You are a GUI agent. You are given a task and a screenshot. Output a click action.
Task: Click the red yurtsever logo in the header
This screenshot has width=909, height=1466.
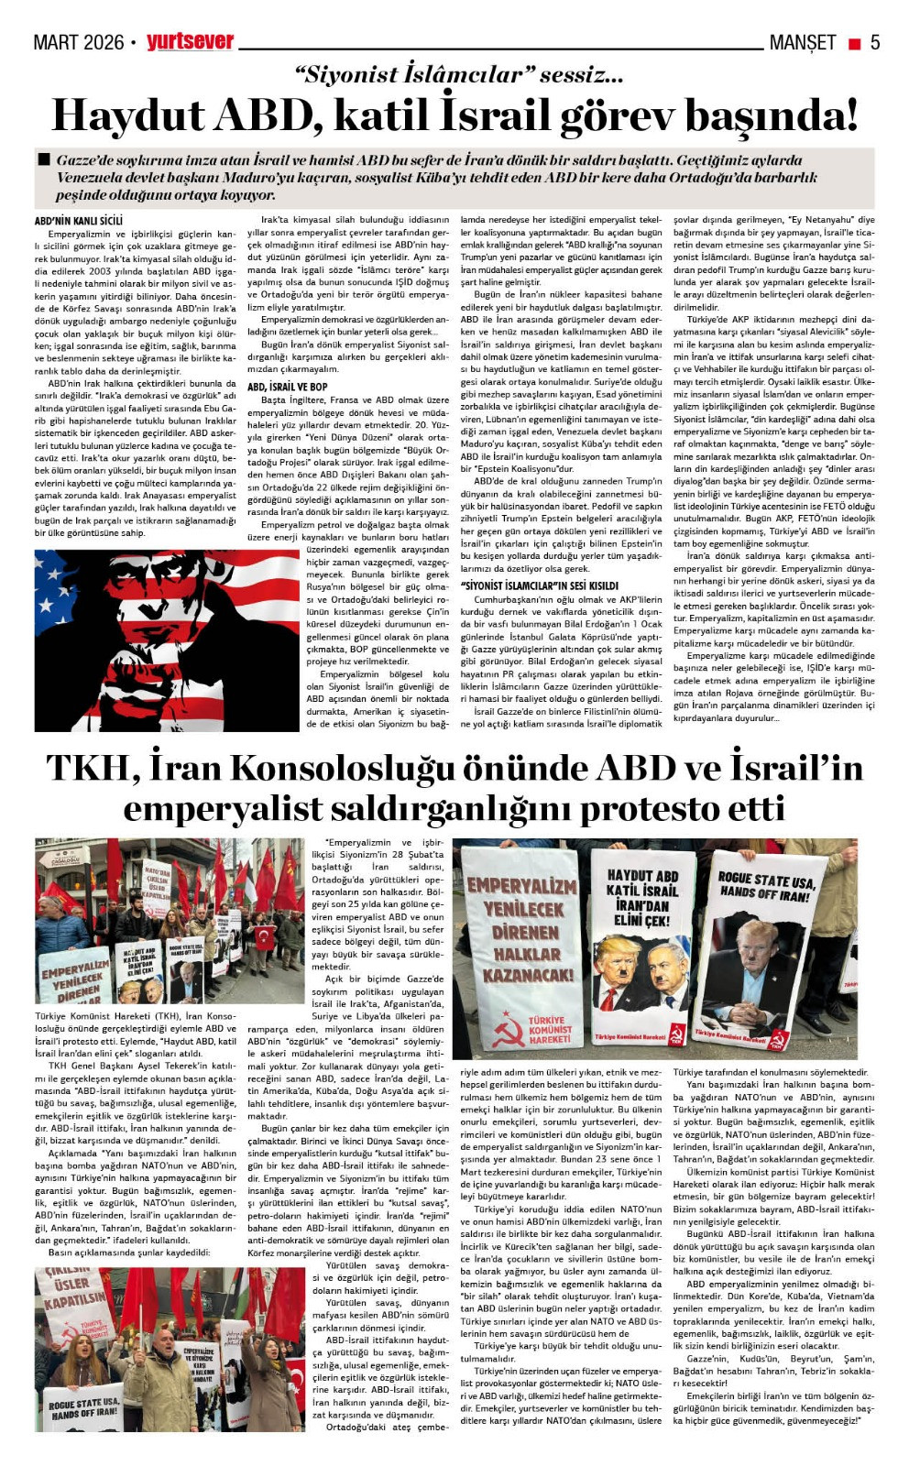(x=191, y=41)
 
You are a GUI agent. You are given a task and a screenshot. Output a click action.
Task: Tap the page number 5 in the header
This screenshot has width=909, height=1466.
(x=875, y=42)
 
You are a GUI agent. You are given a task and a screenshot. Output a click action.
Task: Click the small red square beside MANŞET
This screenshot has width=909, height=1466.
(x=854, y=43)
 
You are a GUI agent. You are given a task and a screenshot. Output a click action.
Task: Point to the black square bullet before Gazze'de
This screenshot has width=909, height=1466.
(x=43, y=159)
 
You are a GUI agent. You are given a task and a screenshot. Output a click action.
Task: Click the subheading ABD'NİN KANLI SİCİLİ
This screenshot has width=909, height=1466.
(x=78, y=221)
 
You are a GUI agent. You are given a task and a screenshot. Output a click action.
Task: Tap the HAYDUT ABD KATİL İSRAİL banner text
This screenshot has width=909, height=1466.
(x=642, y=897)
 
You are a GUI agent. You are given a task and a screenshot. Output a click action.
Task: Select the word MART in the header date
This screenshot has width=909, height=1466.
(x=56, y=42)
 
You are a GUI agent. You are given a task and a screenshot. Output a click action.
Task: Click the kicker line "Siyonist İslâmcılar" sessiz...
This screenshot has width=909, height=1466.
(x=458, y=75)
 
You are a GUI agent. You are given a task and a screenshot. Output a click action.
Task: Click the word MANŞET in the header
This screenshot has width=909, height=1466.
(x=803, y=42)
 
